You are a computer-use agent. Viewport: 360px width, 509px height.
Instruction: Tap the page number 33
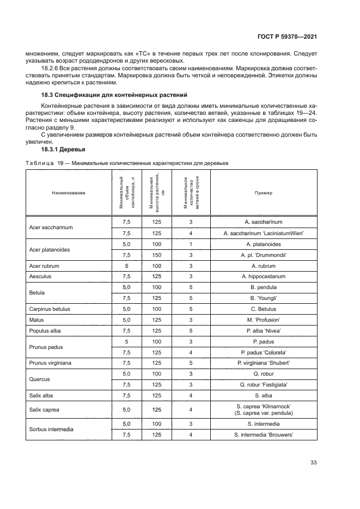click(313, 463)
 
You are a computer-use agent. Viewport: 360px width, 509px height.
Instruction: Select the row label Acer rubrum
click(44, 266)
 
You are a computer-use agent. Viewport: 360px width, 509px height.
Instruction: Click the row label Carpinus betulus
click(50, 309)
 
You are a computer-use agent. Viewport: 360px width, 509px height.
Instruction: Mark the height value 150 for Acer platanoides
click(157, 255)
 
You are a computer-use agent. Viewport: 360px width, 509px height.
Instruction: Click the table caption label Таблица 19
click(41, 163)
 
